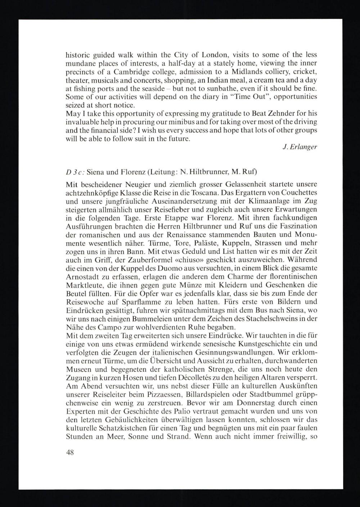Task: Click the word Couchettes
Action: tap(296, 193)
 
